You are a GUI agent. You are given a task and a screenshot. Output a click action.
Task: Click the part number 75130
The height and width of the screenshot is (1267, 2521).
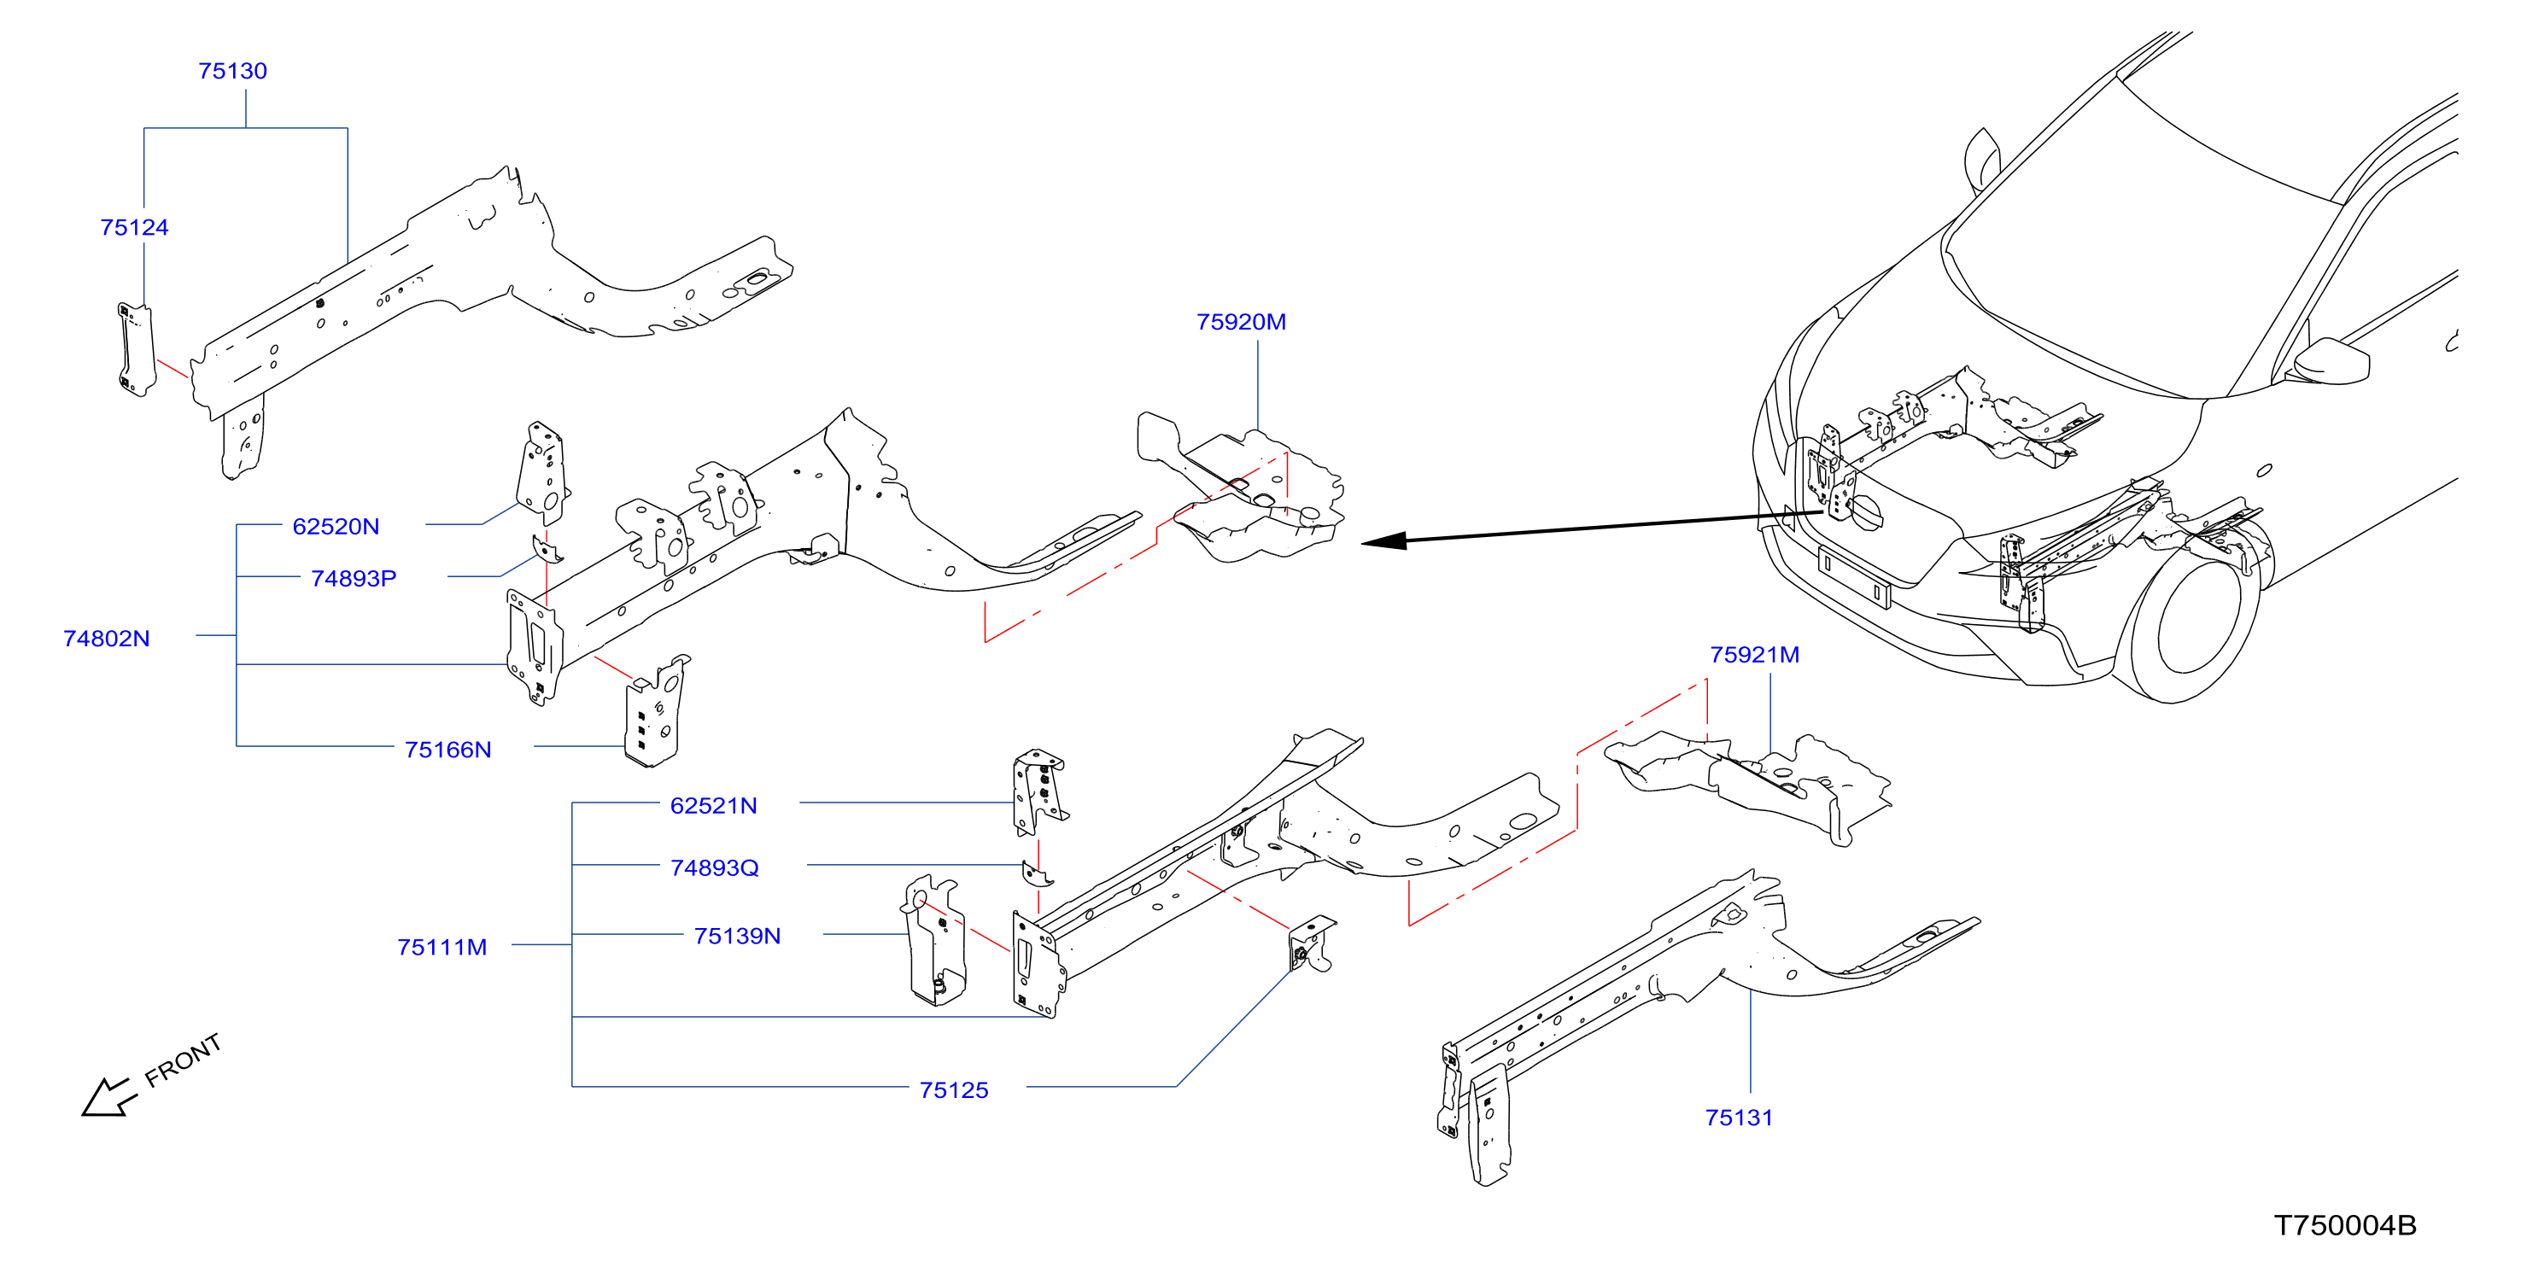pyautogui.click(x=233, y=72)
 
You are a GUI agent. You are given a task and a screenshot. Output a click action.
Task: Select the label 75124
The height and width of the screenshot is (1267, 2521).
pyautogui.click(x=134, y=228)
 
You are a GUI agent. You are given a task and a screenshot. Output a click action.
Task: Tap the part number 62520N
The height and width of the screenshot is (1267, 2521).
pyautogui.click(x=336, y=527)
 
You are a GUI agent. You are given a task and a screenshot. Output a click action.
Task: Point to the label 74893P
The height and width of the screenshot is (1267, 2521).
pyautogui.click(x=354, y=578)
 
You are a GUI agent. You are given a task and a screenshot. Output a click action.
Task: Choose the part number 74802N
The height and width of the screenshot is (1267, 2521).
pyautogui.click(x=107, y=639)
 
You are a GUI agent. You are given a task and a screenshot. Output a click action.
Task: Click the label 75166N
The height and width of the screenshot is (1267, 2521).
pyautogui.click(x=448, y=750)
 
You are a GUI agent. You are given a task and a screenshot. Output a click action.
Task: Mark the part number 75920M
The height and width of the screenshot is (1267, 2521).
pyautogui.click(x=1241, y=322)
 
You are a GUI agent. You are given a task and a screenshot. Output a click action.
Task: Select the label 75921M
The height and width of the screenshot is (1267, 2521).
pyautogui.click(x=1755, y=655)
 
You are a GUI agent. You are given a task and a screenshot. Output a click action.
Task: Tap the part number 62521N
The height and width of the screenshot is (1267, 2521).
pyautogui.click(x=713, y=806)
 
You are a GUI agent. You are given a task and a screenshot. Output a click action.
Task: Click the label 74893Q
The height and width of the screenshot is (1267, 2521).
pyautogui.click(x=715, y=867)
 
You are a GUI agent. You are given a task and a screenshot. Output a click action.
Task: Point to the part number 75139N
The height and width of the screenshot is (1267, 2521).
pyautogui.click(x=737, y=937)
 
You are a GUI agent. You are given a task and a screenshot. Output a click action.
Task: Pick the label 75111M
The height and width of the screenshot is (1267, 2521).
pyautogui.click(x=442, y=947)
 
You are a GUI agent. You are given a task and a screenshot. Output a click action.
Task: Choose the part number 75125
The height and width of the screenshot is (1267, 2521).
pyautogui.click(x=954, y=1090)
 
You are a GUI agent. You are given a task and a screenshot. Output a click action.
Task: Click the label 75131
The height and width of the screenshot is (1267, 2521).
pyautogui.click(x=1739, y=1118)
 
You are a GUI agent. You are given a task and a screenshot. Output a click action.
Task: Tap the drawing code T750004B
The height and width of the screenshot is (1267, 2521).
pyautogui.click(x=2345, y=1226)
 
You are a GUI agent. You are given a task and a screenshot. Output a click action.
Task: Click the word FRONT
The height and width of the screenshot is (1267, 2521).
pyautogui.click(x=183, y=1060)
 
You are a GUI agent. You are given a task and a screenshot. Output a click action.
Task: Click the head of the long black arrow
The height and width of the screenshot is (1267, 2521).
pyautogui.click(x=1383, y=541)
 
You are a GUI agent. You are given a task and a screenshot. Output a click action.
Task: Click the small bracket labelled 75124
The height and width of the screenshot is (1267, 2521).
pyautogui.click(x=137, y=349)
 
